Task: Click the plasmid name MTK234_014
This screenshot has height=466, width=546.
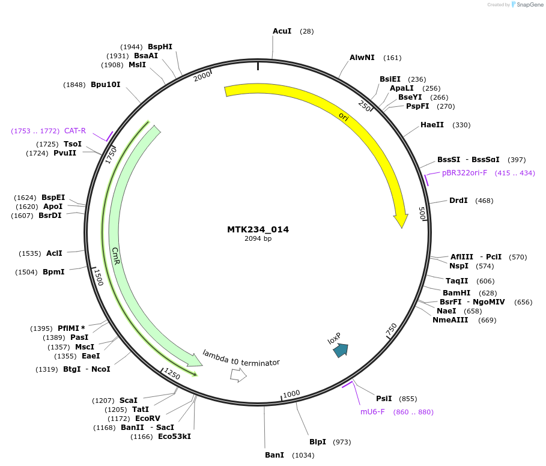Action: (258, 229)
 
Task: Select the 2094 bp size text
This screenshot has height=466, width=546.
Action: (258, 238)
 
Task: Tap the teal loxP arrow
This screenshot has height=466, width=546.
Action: (341, 350)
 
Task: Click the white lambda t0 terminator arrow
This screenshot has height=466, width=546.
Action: (238, 375)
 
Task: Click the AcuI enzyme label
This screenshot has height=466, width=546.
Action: (282, 31)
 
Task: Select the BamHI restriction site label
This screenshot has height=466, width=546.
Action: (457, 292)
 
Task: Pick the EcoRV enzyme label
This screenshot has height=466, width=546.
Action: (148, 418)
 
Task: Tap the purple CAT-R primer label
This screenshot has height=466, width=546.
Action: (75, 131)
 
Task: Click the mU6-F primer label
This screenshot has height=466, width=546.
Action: (372, 412)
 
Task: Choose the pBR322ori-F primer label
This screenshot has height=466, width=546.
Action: (464, 173)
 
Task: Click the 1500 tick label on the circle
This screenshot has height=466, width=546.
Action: (99, 277)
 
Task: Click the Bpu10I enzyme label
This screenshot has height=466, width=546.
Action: (106, 85)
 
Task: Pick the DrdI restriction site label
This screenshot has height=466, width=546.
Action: (458, 201)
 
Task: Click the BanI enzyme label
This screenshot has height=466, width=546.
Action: (275, 455)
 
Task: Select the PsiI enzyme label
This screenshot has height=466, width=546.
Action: (384, 399)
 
